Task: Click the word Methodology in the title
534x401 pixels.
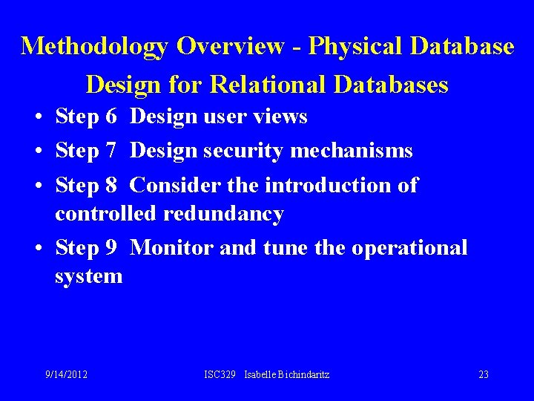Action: [95, 46]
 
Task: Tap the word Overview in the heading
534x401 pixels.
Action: [230, 46]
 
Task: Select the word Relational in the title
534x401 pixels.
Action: [268, 85]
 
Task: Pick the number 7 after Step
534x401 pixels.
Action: [111, 151]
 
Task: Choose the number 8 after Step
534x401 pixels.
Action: [111, 185]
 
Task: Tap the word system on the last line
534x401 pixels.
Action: [88, 276]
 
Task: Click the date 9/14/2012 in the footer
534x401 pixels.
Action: [66, 374]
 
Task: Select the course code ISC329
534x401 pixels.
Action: [220, 374]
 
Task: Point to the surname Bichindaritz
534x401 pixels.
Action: [303, 374]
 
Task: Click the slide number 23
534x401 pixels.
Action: [483, 374]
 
